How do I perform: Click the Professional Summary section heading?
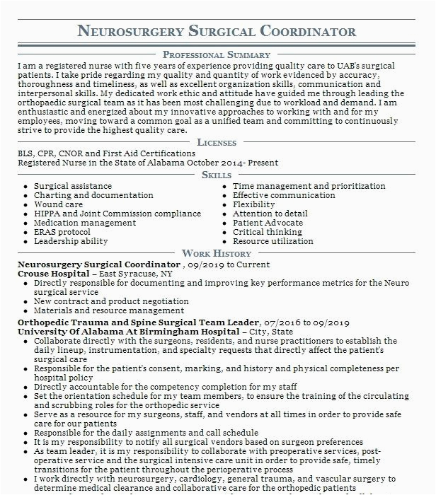217,54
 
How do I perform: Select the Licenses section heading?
217,142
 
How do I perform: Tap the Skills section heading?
217,175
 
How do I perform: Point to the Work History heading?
217,253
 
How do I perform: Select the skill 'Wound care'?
59,205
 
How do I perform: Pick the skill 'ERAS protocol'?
62,232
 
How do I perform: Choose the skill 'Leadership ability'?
71,241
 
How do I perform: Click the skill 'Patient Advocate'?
268,223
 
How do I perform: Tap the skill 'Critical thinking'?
268,232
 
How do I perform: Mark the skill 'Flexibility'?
253,205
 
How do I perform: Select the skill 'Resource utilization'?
272,241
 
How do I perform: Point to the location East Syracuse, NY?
135,273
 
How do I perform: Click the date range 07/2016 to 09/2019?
309,322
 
